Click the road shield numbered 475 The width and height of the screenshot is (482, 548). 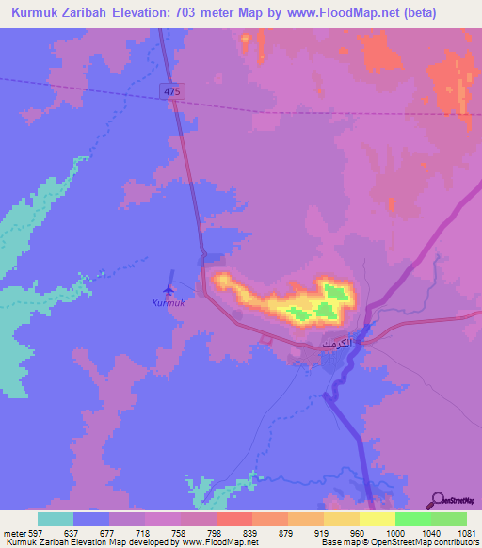pyautogui.click(x=170, y=90)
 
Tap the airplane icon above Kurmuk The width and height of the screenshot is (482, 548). pyautogui.click(x=169, y=288)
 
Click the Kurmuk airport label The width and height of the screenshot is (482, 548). pyautogui.click(x=169, y=303)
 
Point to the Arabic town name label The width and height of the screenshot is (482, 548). pyautogui.click(x=338, y=343)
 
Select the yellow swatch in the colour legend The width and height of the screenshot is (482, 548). pyautogui.click(x=377, y=519)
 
